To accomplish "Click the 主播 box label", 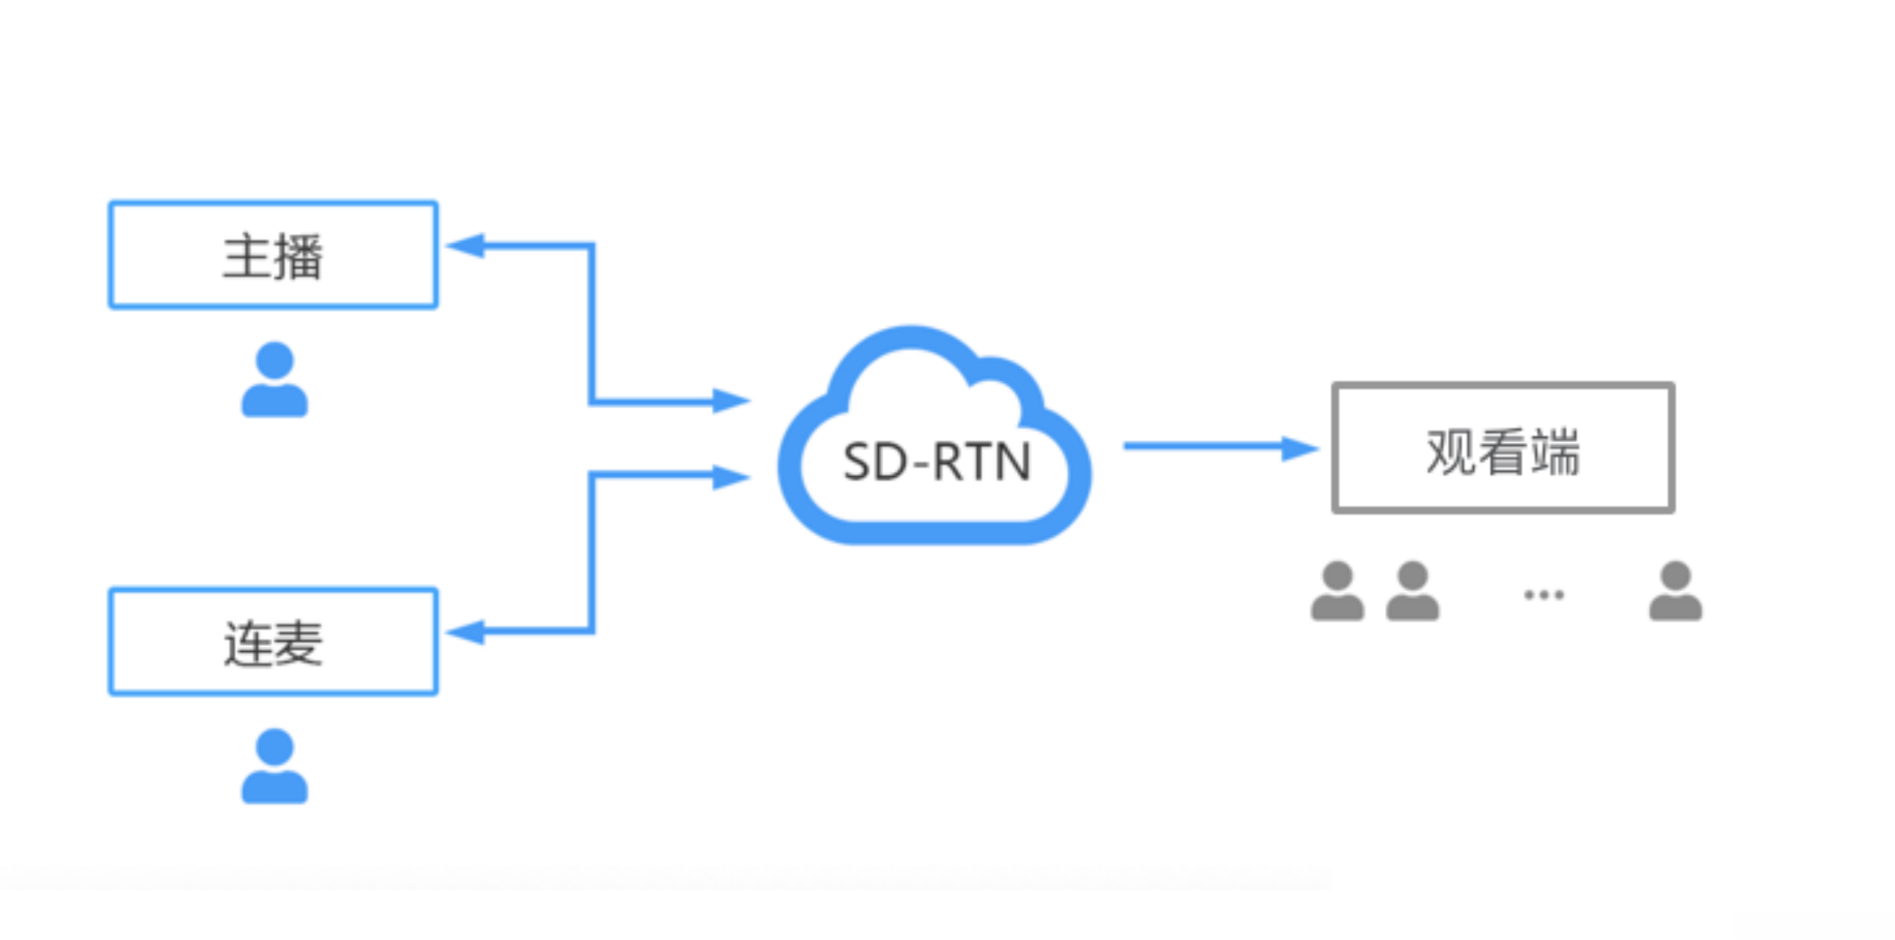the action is (x=272, y=256).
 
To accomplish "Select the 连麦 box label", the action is (x=273, y=643).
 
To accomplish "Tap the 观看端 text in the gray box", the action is (x=1503, y=452).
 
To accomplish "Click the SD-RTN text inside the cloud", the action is (x=936, y=461).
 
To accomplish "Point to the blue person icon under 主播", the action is (x=275, y=379).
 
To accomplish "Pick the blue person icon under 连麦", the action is (x=275, y=766).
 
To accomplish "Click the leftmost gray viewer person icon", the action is (x=1337, y=590).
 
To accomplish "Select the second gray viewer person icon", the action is (x=1412, y=590).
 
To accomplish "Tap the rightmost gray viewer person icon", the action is (x=1676, y=590).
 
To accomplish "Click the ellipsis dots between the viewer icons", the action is (x=1544, y=595).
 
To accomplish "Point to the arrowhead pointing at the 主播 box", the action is (x=465, y=246).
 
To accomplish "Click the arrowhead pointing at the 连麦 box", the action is (x=465, y=632).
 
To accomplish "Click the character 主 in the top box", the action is (x=246, y=256).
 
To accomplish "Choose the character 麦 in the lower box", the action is (x=299, y=643).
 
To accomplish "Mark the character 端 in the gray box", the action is (x=1556, y=452).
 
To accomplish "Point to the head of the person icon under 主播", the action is (x=275, y=361).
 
